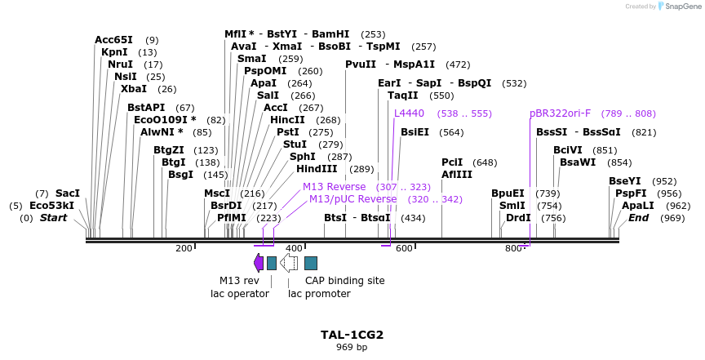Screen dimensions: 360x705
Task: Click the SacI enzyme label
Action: click(68, 193)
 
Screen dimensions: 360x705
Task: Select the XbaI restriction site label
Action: click(134, 89)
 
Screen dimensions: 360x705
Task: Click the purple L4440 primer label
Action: click(409, 113)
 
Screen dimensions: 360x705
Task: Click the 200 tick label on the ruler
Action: click(184, 248)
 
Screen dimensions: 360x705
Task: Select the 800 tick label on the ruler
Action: click(513, 248)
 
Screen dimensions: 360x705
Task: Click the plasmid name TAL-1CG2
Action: click(352, 335)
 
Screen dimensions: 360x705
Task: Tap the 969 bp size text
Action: click(352, 348)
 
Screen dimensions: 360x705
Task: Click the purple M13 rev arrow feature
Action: click(259, 262)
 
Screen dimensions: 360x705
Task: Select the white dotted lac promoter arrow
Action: click(289, 262)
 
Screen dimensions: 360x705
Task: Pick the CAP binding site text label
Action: click(344, 281)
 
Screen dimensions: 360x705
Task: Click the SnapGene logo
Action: click(680, 7)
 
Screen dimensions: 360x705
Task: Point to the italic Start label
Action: click(53, 218)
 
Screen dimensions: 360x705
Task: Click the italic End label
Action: click(638, 218)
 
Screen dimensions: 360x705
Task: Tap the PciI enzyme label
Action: click(452, 162)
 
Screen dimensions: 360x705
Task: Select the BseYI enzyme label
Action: click(625, 181)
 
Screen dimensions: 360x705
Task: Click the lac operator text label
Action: click(240, 294)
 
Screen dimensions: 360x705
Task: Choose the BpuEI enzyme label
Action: click(508, 193)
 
